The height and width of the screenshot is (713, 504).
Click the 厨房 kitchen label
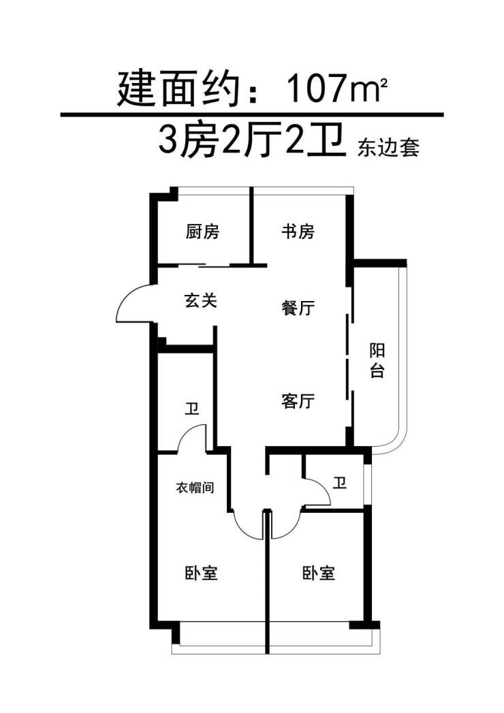(x=202, y=232)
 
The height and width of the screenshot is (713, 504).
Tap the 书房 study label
(x=298, y=232)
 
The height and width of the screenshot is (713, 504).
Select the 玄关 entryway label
(x=201, y=300)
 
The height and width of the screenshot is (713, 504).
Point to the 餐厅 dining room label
(x=298, y=308)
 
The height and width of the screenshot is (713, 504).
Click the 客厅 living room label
(x=298, y=401)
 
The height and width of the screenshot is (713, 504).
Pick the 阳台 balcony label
(x=377, y=361)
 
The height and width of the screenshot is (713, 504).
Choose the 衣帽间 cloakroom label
(x=195, y=488)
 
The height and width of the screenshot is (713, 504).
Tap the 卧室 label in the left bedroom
(x=202, y=573)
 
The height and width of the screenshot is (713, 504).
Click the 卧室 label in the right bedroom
(x=319, y=573)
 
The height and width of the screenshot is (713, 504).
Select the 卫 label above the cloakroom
(x=192, y=408)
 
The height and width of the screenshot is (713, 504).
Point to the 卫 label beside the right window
(x=339, y=482)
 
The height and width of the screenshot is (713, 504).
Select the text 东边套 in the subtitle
(x=388, y=148)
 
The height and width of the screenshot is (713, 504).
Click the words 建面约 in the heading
(x=178, y=89)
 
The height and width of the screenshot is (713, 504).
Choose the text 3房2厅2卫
(x=250, y=141)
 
